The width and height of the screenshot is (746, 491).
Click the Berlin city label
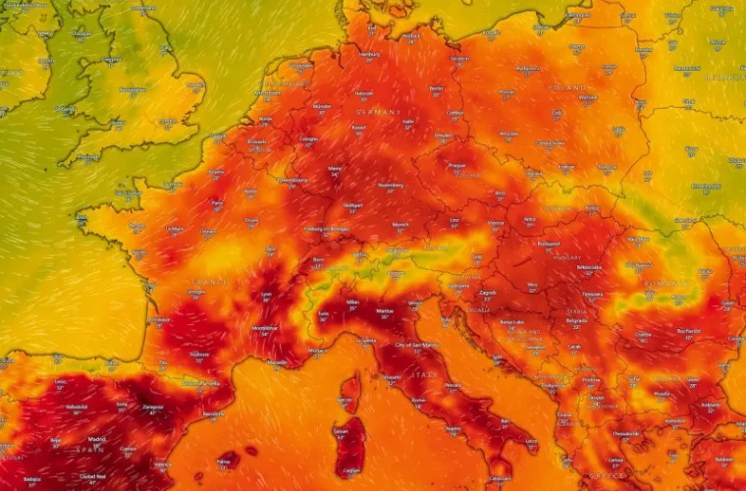pyautogui.click(x=437, y=87)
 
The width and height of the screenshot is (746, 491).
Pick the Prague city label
pyautogui.click(x=456, y=165)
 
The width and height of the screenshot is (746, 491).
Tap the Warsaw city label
pyautogui.click(x=587, y=97)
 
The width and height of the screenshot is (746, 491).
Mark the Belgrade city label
pyautogui.click(x=575, y=319)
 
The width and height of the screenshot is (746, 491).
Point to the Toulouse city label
pyautogui.click(x=199, y=355)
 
